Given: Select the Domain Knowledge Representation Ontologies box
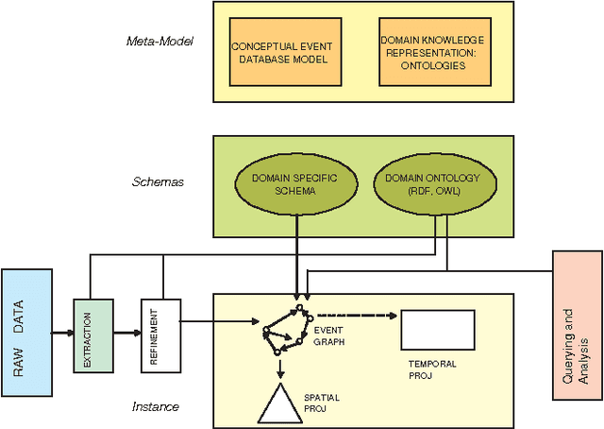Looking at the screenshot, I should pos(434,52).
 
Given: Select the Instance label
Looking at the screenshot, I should pos(156,406).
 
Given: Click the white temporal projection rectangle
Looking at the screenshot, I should pos(437,329).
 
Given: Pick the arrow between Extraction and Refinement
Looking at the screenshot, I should pos(125,333).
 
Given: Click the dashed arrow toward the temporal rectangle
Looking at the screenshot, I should pos(354,315).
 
